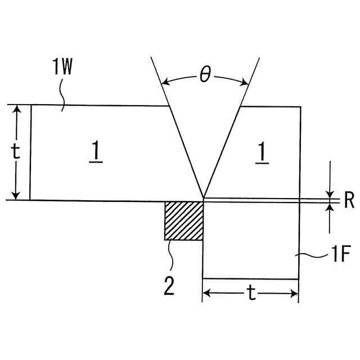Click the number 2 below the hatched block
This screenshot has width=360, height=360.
(x=169, y=286)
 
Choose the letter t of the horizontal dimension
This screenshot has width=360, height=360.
(x=250, y=293)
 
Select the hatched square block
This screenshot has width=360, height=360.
(x=183, y=220)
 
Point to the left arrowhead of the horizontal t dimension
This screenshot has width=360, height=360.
(x=206, y=293)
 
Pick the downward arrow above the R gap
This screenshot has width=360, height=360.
(x=330, y=193)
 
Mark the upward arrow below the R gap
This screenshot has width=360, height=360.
(x=330, y=207)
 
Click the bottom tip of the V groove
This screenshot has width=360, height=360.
(x=202, y=199)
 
